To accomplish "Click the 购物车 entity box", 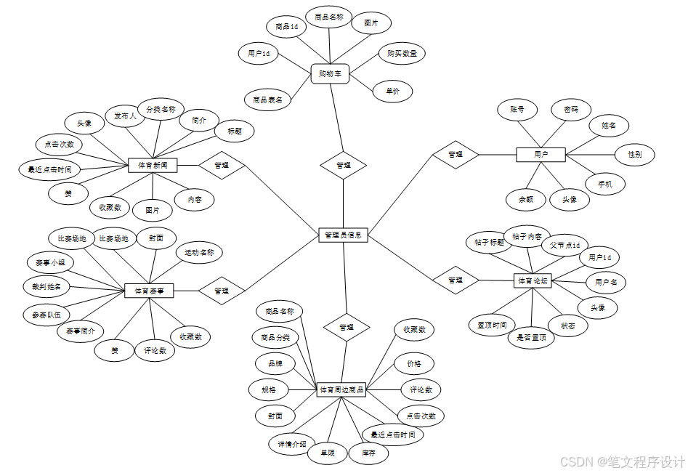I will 331,73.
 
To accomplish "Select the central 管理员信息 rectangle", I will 344,235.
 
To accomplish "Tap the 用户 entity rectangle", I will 541,155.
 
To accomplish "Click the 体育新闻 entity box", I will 153,166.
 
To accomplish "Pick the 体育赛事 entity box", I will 150,291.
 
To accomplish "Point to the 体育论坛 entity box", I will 533,280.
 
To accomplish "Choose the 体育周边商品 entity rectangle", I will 341,390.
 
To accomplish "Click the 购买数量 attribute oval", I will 402,54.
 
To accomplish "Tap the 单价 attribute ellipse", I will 392,92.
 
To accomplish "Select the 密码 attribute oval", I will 571,110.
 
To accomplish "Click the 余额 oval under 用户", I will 525,199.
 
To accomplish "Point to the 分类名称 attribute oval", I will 161,110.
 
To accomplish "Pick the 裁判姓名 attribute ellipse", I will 46,286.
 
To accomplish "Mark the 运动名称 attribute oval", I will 199,253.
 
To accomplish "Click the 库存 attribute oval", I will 368,454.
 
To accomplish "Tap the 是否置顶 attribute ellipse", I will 531,337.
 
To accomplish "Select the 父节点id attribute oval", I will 564,246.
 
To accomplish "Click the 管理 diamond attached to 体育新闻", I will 222,166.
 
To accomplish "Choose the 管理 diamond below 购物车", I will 344,165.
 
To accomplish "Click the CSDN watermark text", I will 623,461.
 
